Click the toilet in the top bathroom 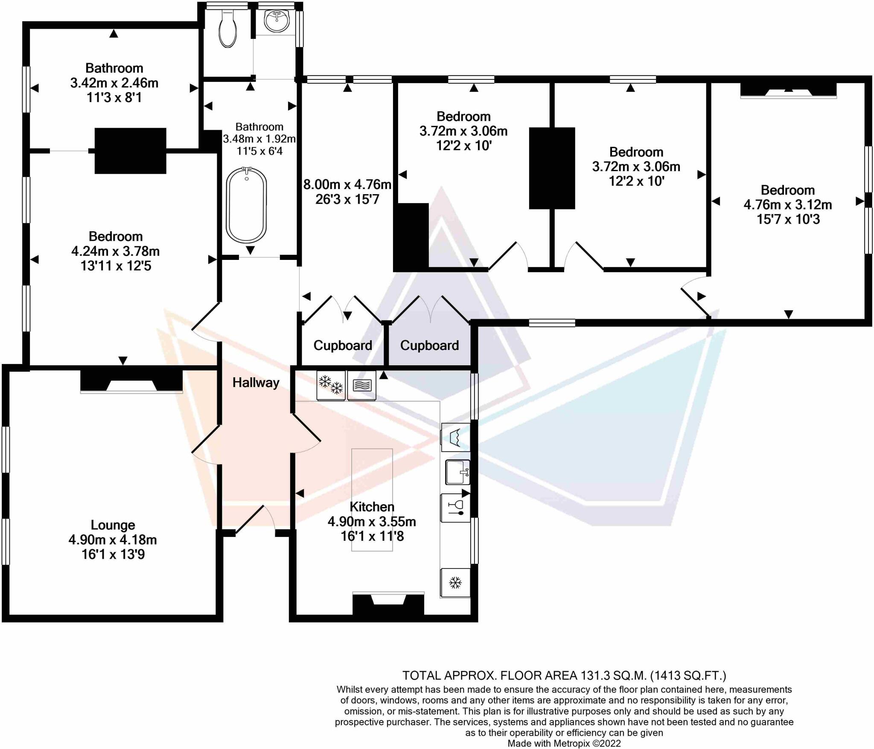pos(227,29)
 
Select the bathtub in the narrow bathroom pos(246,205)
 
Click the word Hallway pos(256,382)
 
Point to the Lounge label pos(113,525)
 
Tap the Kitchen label pos(372,507)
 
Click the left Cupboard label pos(343,345)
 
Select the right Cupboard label pos(429,345)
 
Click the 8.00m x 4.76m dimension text pos(347,184)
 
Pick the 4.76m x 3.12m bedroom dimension pos(788,205)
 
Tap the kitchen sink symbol pos(457,472)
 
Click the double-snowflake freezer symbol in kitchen pos(331,385)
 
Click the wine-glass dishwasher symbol pos(455,508)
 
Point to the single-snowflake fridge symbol pos(455,583)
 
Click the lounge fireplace pos(131,381)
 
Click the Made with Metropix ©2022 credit pos(564,743)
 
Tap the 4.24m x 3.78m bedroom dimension pos(115,251)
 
